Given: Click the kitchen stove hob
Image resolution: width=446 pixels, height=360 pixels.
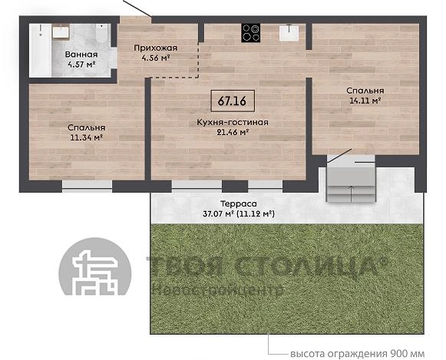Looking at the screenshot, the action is [250, 33].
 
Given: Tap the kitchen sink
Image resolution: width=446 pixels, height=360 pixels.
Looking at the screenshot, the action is [289, 33].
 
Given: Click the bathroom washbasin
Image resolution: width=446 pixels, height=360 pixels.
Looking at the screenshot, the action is [61, 31].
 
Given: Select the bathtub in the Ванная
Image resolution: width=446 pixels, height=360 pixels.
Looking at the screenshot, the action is [40, 51].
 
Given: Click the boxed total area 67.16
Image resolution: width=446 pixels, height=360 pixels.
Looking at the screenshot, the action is [233, 101].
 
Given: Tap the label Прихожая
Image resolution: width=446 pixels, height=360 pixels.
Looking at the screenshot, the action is [156, 48].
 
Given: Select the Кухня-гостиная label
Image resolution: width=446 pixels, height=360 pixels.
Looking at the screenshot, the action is [233, 122].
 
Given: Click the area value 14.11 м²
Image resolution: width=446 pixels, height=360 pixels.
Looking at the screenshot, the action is [365, 101].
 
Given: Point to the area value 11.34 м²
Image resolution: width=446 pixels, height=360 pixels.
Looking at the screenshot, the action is [86, 138].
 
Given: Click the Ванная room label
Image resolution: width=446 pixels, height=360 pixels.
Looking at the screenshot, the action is [81, 54].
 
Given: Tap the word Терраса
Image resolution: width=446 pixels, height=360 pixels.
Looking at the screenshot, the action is [239, 204].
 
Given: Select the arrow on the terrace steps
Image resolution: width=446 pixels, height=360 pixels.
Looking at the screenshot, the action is [352, 193].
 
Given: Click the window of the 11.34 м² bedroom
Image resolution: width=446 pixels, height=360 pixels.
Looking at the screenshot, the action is [87, 186].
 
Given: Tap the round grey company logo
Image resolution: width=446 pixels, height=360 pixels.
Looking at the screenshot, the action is [95, 266].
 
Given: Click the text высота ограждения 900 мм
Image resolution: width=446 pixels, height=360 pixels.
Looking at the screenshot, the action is [357, 354].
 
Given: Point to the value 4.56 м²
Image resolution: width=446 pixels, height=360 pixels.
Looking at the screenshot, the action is [156, 58].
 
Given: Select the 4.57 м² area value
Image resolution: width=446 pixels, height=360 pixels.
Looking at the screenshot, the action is [81, 64].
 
